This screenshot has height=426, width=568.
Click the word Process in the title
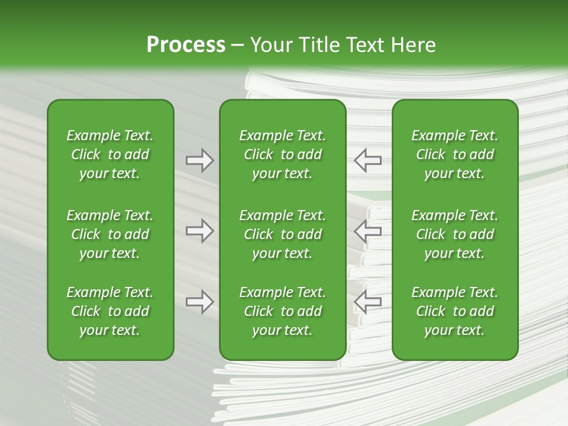click(186, 45)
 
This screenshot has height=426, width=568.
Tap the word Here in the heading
click(414, 45)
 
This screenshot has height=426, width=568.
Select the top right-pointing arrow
click(199, 160)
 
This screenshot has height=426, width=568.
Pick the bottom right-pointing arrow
click(199, 302)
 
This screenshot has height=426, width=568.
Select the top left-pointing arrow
click(367, 160)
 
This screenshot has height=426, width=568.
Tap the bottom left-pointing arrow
click(367, 302)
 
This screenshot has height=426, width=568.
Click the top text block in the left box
click(110, 154)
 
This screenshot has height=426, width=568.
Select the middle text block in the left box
click(110, 234)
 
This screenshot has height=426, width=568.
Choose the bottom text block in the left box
click(110, 311)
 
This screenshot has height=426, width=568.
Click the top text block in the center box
click(283, 154)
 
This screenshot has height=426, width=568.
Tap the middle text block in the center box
click(283, 234)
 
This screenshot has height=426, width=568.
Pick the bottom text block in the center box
click(283, 311)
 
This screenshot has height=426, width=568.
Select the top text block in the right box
click(455, 154)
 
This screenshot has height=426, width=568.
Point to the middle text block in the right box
click(455, 234)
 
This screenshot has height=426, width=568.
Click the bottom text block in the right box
click(455, 311)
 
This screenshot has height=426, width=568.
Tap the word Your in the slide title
click(269, 45)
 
